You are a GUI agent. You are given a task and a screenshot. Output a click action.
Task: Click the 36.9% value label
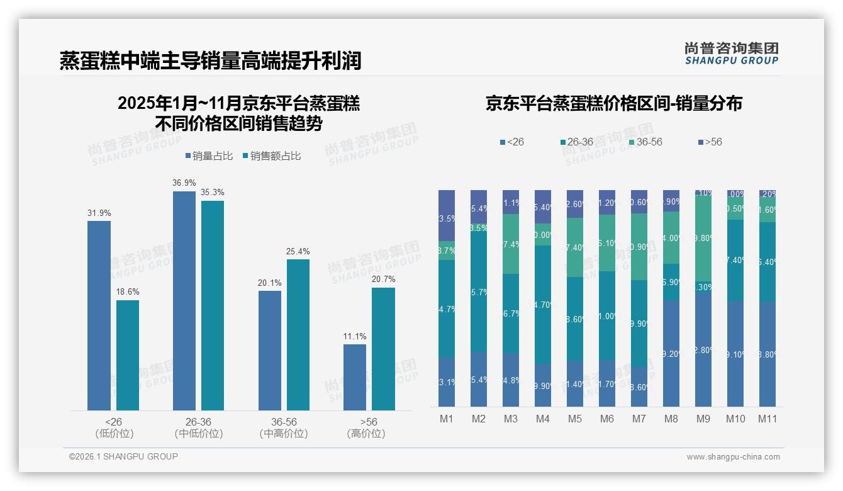pos(184,183)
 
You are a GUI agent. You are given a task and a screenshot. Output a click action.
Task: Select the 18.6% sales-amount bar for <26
pos(128,355)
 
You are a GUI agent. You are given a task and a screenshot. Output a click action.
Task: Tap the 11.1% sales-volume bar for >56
pos(355,377)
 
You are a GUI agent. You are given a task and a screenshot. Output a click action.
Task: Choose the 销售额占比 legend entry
pos(272,156)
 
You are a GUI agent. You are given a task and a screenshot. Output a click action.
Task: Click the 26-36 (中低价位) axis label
pos(198,427)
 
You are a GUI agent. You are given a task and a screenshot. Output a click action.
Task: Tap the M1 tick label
pos(446,419)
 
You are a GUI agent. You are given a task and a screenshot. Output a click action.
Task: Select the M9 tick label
pos(703,419)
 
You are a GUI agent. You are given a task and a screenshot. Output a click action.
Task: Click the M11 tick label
pos(767,419)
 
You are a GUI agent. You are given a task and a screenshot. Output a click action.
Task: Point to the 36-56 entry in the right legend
pos(645,142)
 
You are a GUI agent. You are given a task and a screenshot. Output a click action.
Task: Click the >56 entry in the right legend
pos(710,142)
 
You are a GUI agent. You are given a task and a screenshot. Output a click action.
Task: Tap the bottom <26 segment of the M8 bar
pos(671,353)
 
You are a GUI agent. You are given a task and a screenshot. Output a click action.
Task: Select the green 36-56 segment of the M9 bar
pos(703,238)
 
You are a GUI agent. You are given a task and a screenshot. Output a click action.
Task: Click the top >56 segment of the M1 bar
pos(446,215)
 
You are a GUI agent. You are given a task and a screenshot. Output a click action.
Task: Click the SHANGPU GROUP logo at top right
pos(731,53)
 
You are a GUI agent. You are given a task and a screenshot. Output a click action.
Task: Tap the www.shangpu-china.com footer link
pos(733,457)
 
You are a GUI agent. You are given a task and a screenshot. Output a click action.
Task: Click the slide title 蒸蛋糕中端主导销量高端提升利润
pos(210,61)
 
